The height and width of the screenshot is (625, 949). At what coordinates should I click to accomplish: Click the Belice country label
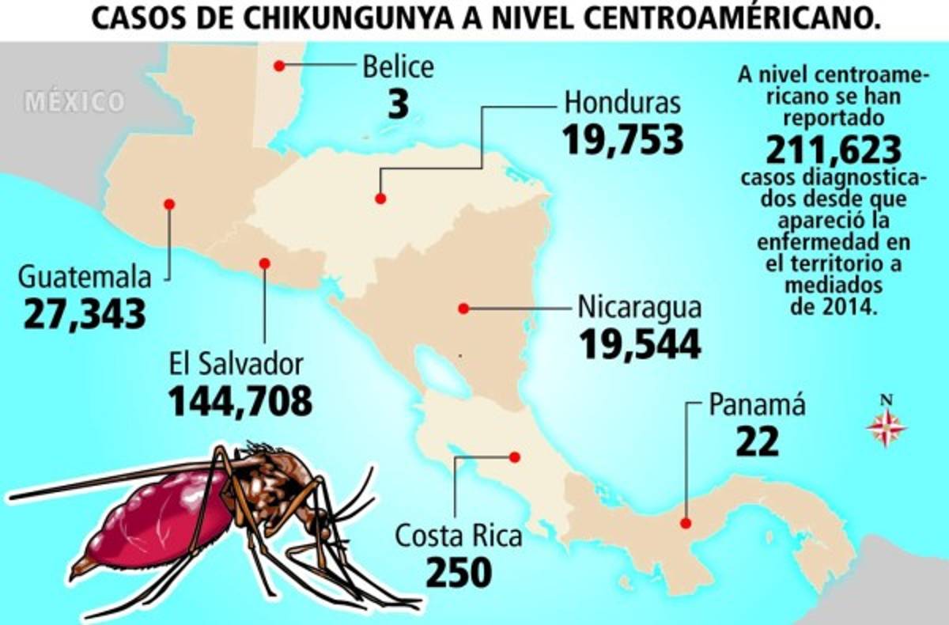(398, 66)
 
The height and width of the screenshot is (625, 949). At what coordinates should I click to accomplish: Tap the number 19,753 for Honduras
(622, 139)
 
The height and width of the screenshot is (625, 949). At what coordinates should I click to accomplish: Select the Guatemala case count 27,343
(85, 313)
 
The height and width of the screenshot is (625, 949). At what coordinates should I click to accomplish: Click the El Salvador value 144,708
(240, 400)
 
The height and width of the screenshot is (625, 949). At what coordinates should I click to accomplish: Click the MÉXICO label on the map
(74, 102)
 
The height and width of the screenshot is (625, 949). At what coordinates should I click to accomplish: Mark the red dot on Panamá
(686, 523)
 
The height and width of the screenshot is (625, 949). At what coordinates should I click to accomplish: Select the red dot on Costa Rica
(515, 456)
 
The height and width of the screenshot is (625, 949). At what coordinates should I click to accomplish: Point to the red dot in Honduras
(380, 199)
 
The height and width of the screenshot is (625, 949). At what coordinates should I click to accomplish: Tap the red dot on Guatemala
(168, 204)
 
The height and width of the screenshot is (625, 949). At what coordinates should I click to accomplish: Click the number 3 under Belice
(399, 105)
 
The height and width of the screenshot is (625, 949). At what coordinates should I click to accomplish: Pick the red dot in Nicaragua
(464, 309)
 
